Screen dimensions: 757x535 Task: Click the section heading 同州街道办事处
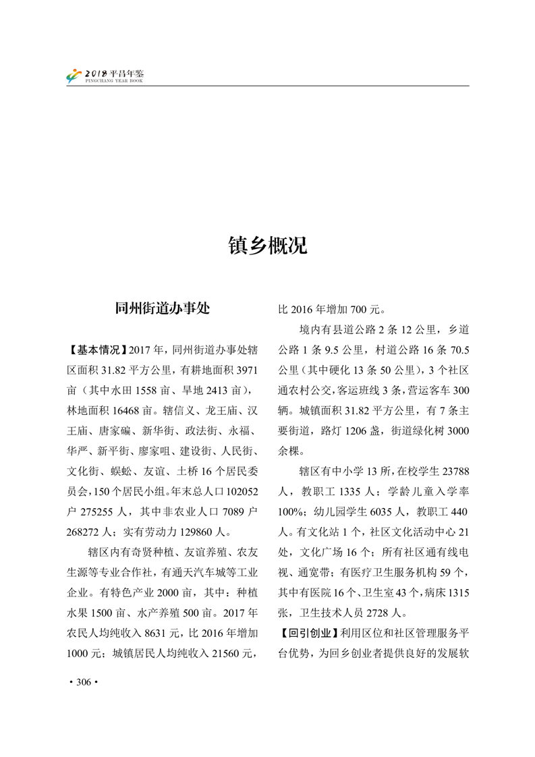point(163,308)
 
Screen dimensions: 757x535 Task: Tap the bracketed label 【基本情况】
point(96,349)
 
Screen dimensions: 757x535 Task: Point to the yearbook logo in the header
point(74,76)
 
